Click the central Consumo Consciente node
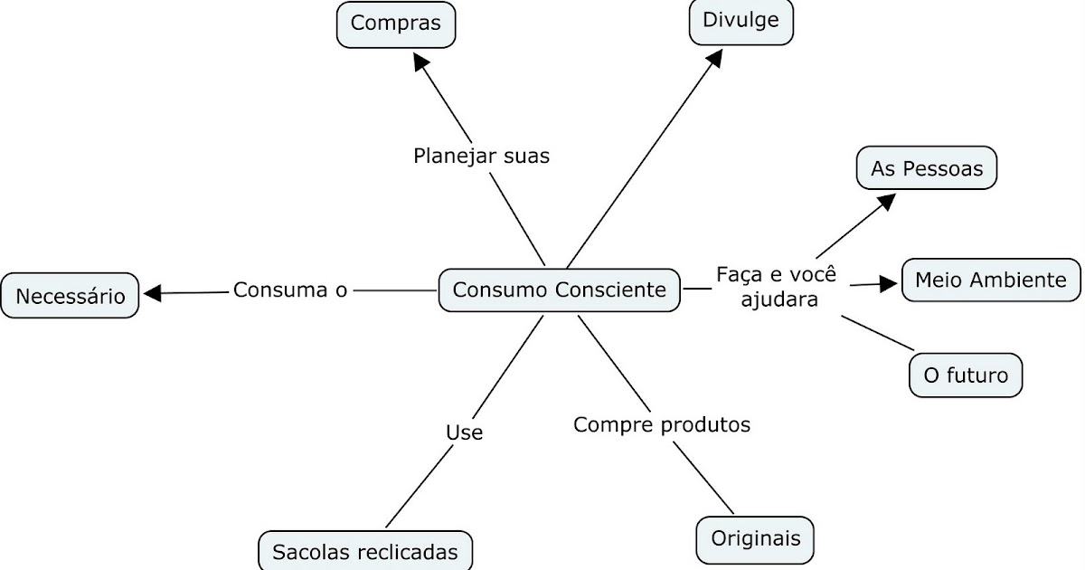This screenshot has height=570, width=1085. (559, 290)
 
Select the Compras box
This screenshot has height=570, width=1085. (396, 24)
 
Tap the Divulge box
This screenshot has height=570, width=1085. (741, 21)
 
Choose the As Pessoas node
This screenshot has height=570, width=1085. (926, 168)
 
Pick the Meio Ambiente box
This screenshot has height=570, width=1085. (991, 280)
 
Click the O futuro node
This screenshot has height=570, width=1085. (965, 375)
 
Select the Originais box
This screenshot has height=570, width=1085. (755, 538)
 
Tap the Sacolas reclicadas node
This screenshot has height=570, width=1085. (365, 551)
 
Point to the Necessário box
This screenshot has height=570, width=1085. (70, 296)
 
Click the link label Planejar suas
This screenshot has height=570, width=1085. (481, 156)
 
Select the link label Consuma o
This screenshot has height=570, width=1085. (290, 290)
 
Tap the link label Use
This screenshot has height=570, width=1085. (464, 432)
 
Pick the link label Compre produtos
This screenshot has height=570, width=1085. (662, 424)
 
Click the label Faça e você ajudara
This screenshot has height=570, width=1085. (778, 286)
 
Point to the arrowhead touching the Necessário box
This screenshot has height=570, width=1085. (152, 292)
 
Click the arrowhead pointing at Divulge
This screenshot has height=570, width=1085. (715, 57)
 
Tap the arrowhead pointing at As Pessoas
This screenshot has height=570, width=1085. (886, 201)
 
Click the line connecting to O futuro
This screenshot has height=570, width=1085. (878, 332)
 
